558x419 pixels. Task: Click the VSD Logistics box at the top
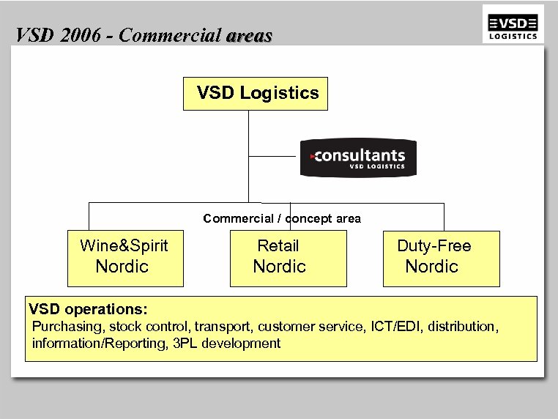tap(256, 93)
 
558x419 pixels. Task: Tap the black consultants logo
tap(358, 158)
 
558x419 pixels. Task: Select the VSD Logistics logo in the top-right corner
tap(513, 24)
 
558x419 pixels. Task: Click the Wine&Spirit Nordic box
tap(124, 259)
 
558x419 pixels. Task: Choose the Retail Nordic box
tap(288, 259)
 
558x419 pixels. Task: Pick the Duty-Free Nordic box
tap(441, 259)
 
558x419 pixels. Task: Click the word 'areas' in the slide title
tap(249, 35)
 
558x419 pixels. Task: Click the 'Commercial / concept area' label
tap(282, 218)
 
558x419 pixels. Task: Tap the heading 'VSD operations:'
tap(88, 308)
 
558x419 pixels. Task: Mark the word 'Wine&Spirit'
tap(124, 246)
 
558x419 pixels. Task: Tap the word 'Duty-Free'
tap(434, 246)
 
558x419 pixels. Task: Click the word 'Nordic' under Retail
tap(279, 267)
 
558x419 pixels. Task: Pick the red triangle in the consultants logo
tap(312, 156)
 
